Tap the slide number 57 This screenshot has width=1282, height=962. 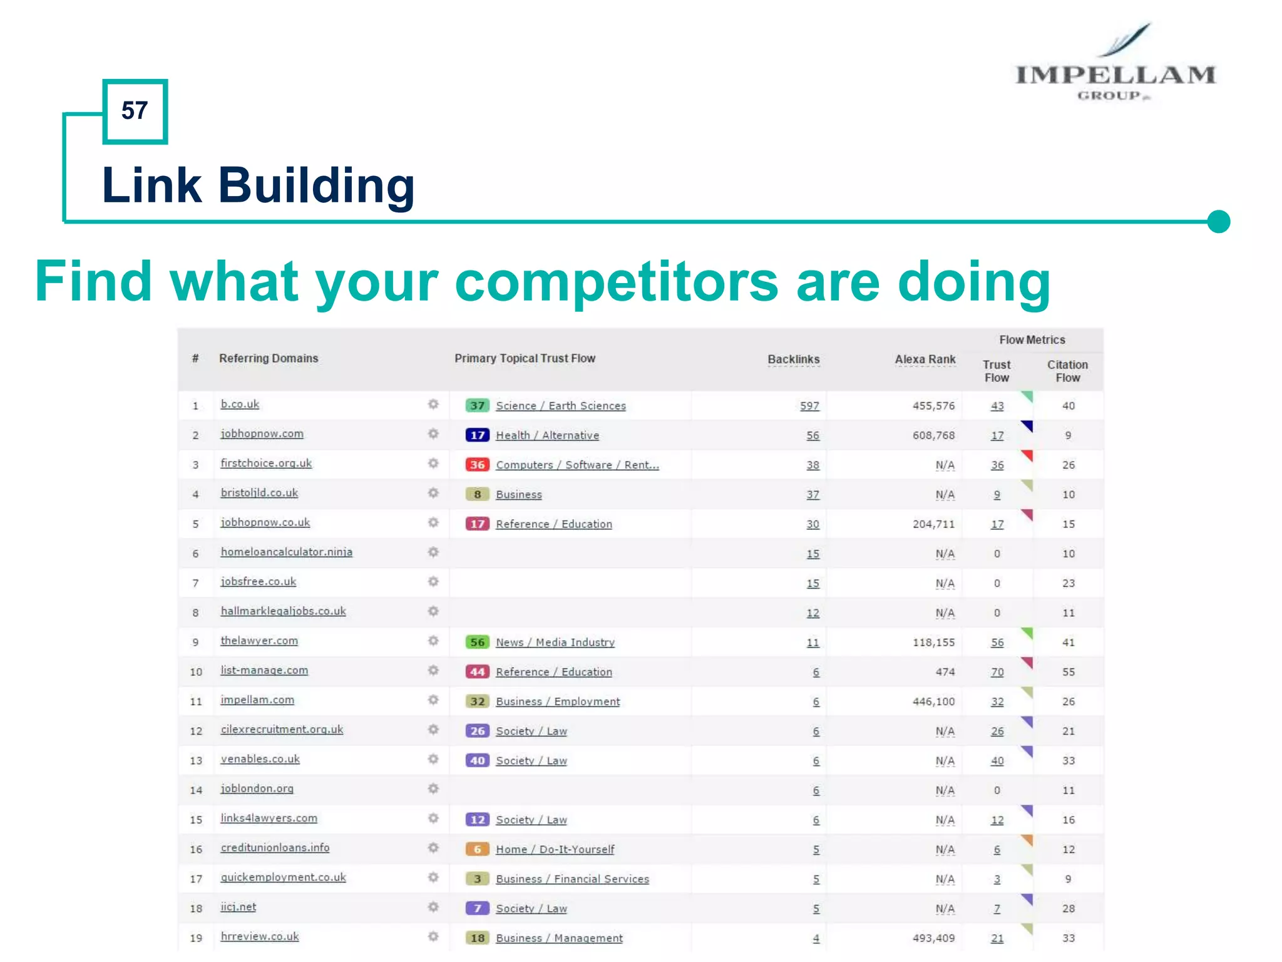(135, 111)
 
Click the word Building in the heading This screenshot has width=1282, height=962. (316, 185)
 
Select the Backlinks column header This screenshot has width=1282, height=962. (793, 359)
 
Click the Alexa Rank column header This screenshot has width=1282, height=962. (925, 359)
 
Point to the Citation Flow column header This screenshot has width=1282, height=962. (1067, 371)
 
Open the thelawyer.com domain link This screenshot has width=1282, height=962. (259, 641)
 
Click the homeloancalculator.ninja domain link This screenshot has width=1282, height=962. (286, 552)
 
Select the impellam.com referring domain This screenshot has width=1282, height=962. (257, 700)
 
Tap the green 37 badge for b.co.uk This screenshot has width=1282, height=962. (477, 405)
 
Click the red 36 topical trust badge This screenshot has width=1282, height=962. (477, 465)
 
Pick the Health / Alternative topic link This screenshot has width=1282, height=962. (547, 435)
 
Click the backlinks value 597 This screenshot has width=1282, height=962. (809, 406)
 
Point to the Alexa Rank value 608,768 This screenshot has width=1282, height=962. (933, 435)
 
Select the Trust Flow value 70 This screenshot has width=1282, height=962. (997, 672)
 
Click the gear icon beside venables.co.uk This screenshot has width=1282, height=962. (433, 759)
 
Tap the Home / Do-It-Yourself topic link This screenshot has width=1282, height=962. (555, 849)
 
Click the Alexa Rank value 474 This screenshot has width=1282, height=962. (945, 672)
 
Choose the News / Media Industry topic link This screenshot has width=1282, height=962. (555, 643)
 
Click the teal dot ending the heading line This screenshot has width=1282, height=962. (1218, 221)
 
